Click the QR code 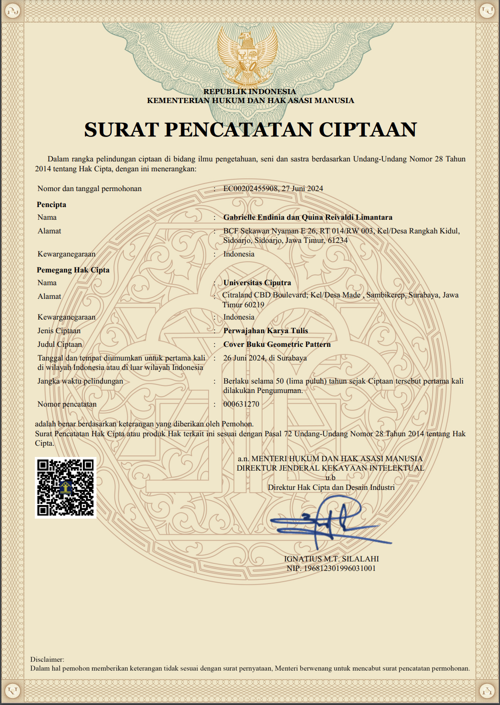click(65, 488)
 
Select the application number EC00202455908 click(250, 189)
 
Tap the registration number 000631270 click(241, 404)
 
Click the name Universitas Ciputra click(257, 283)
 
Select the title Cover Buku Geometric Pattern click(277, 344)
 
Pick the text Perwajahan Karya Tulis click(266, 331)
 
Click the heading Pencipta click(51, 205)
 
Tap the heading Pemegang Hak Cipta click(73, 270)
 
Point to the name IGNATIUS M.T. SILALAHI click(331, 559)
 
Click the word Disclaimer click(47, 659)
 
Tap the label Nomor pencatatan click(67, 404)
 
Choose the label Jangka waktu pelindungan click(80, 381)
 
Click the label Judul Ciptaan click(60, 344)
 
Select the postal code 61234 click(338, 240)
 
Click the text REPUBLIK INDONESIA click(250, 92)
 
